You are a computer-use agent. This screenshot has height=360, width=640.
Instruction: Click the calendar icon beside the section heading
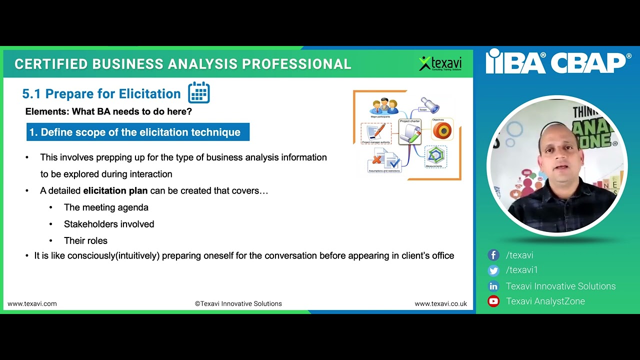click(199, 93)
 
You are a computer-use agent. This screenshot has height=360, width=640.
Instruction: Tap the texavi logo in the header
click(440, 63)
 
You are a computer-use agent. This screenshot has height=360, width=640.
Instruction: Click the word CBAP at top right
click(590, 62)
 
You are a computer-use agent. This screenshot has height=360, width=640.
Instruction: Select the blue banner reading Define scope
click(137, 132)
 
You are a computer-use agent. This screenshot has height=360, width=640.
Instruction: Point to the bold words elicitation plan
click(115, 190)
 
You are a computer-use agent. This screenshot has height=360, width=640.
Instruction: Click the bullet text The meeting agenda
click(106, 207)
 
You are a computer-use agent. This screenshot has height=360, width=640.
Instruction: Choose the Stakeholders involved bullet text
click(109, 224)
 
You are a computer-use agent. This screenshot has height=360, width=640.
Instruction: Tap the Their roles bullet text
click(85, 240)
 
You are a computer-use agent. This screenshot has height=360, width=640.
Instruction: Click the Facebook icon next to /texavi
click(493, 255)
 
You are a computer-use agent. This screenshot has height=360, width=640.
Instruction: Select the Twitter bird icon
click(493, 270)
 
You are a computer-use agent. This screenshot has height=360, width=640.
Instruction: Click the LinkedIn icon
click(493, 286)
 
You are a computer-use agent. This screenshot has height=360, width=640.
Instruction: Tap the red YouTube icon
click(493, 301)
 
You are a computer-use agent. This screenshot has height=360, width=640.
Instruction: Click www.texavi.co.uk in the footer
click(440, 303)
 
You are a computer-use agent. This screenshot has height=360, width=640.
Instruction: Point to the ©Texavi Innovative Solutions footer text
click(238, 303)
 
